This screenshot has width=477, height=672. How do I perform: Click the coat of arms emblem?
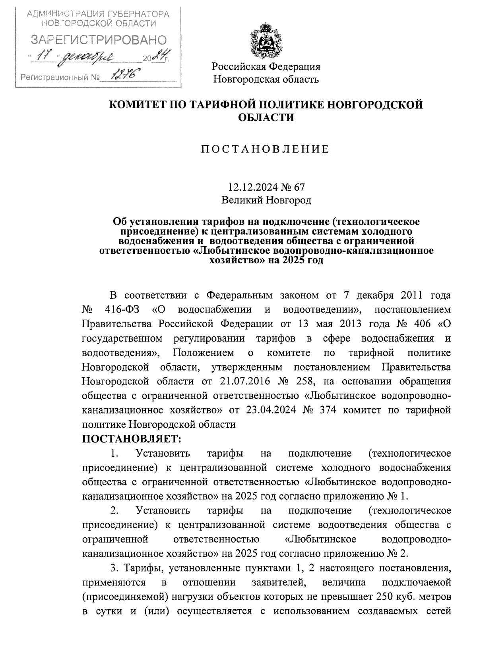point(266,41)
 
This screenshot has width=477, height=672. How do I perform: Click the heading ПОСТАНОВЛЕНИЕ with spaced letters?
point(265,149)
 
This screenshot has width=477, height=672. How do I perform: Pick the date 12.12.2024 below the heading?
point(249,187)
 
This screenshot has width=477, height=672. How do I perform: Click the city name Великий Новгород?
point(266,200)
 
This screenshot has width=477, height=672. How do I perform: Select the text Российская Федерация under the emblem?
point(266,66)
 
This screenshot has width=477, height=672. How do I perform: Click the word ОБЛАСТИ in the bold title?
point(266,118)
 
